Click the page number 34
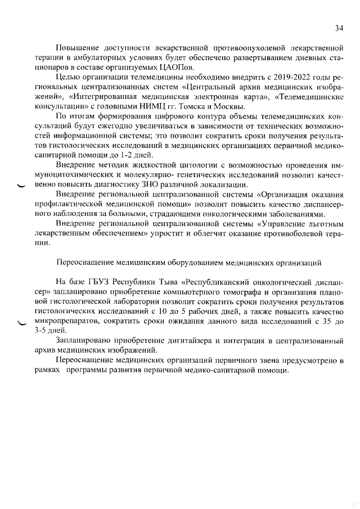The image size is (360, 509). point(339,28)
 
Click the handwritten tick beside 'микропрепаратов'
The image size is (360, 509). point(22,322)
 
